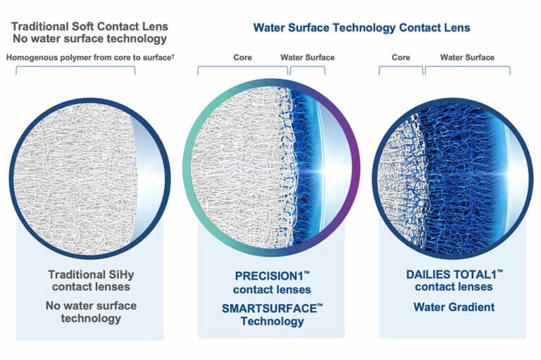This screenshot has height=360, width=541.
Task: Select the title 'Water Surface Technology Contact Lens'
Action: pos(361,28)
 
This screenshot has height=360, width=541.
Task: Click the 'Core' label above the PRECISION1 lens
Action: pos(243,57)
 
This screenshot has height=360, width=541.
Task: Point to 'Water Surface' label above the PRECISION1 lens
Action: pos(307,57)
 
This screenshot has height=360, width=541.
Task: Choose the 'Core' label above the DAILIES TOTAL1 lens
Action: pos(401,57)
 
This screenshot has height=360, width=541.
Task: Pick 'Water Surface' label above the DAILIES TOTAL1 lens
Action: pos(467,57)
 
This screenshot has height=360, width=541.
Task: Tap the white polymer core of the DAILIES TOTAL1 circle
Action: pos(402,176)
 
